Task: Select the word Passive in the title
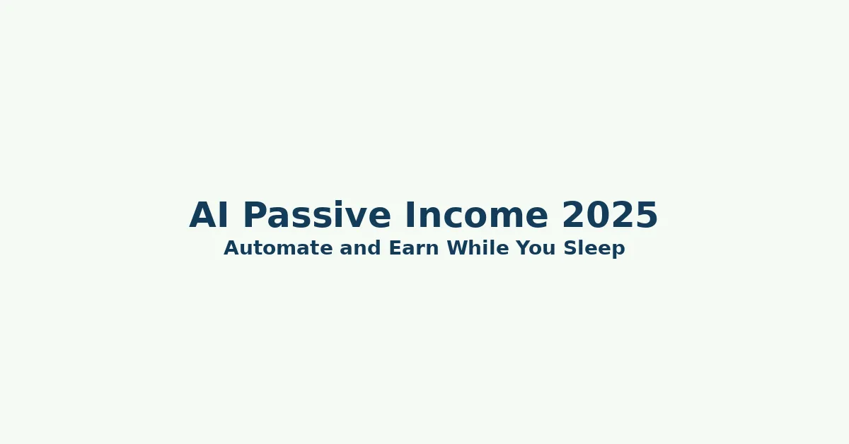[316, 216]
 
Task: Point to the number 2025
[610, 216]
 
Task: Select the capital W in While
[456, 249]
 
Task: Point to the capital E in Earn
[394, 249]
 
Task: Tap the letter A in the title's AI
[202, 216]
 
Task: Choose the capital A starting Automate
[231, 249]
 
